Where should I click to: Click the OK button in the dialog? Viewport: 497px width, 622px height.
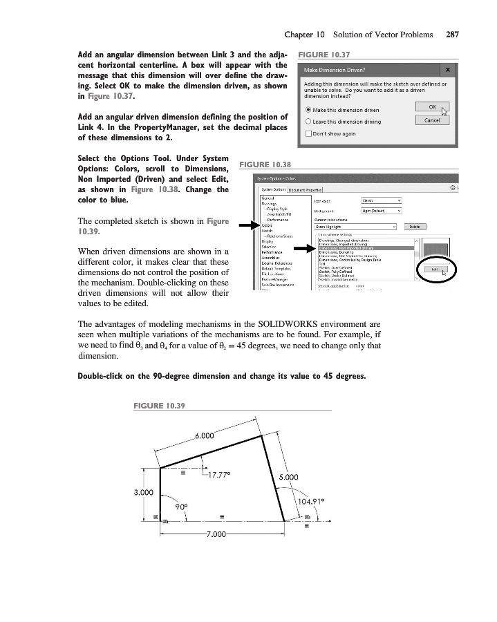click(x=432, y=107)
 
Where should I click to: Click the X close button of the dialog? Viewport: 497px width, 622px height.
click(x=448, y=70)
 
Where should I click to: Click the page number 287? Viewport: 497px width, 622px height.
click(x=453, y=34)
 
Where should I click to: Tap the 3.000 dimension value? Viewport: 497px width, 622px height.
click(x=142, y=493)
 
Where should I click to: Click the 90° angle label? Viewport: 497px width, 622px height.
click(x=182, y=506)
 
